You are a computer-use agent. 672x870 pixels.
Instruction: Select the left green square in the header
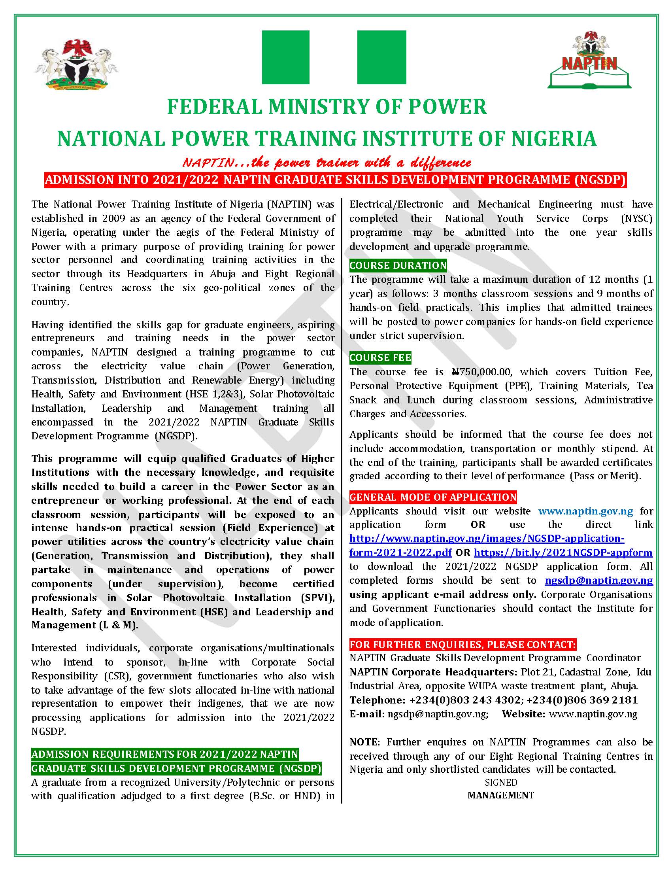[x=285, y=57]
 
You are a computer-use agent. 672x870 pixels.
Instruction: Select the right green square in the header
[x=381, y=57]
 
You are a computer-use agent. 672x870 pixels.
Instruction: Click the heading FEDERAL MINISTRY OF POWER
[x=327, y=107]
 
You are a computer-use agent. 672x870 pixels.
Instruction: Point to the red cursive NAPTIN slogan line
[x=327, y=163]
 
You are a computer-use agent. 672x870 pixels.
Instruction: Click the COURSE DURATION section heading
[x=398, y=265]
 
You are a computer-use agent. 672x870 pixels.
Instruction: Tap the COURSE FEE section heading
[x=380, y=358]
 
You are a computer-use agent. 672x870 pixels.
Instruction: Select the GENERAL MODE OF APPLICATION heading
[x=433, y=497]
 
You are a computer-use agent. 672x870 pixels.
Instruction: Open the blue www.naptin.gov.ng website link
[x=585, y=511]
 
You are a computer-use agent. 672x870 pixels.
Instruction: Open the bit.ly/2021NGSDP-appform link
[x=563, y=552]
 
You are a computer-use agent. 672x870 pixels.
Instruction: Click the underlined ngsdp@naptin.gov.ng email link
[x=599, y=581]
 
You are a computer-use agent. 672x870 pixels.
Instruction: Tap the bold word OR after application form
[x=478, y=525]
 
